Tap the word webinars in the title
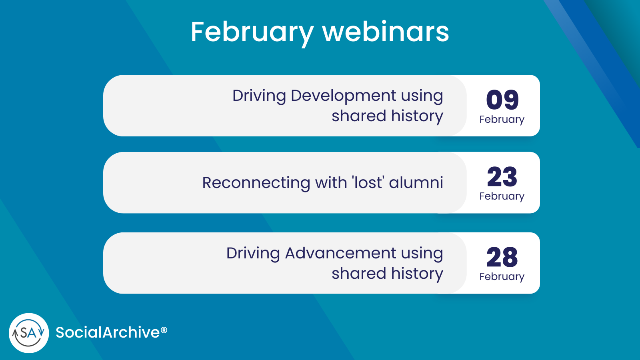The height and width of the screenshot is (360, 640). (386, 32)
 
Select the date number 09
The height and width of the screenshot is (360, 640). (502, 100)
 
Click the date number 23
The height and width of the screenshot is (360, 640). (502, 177)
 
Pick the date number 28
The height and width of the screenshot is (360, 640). (502, 257)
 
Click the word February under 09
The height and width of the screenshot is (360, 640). (502, 120)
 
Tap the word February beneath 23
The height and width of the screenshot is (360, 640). (502, 196)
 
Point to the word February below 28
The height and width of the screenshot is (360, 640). (502, 277)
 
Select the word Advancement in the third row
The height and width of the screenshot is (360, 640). (340, 254)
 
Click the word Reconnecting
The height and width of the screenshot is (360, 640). (256, 183)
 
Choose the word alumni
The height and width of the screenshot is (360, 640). (416, 183)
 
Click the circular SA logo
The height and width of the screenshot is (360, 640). (29, 333)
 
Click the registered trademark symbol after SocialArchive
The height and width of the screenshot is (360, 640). (164, 330)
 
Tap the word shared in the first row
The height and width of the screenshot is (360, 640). (359, 116)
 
